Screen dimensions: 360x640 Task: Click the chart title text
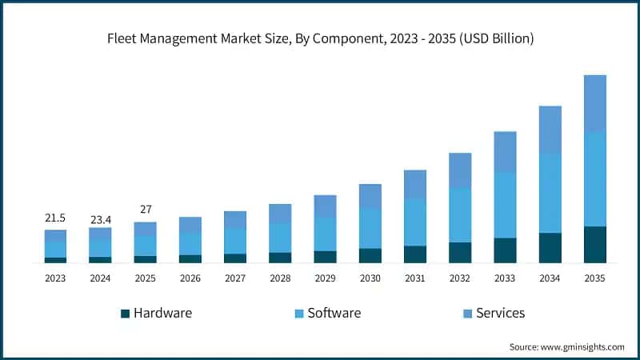click(x=320, y=38)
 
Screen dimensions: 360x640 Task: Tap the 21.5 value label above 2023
click(x=55, y=218)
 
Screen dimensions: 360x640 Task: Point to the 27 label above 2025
click(x=145, y=210)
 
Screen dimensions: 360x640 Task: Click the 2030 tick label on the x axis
click(x=370, y=279)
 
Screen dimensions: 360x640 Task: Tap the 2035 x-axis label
click(x=594, y=279)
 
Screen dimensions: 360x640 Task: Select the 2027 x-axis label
click(x=235, y=279)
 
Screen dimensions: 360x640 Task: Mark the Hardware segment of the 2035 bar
click(x=594, y=244)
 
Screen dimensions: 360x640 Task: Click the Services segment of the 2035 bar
click(x=594, y=103)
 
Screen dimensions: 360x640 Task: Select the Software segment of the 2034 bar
click(x=550, y=193)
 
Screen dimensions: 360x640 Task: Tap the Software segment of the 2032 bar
click(x=460, y=215)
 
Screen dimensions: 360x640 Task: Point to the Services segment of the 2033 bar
click(x=505, y=152)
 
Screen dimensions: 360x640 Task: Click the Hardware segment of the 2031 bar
click(x=414, y=254)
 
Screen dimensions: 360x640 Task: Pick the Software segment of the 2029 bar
click(x=325, y=234)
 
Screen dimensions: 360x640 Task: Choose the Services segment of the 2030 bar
click(x=370, y=196)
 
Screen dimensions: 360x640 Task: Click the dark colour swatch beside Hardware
click(x=125, y=314)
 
